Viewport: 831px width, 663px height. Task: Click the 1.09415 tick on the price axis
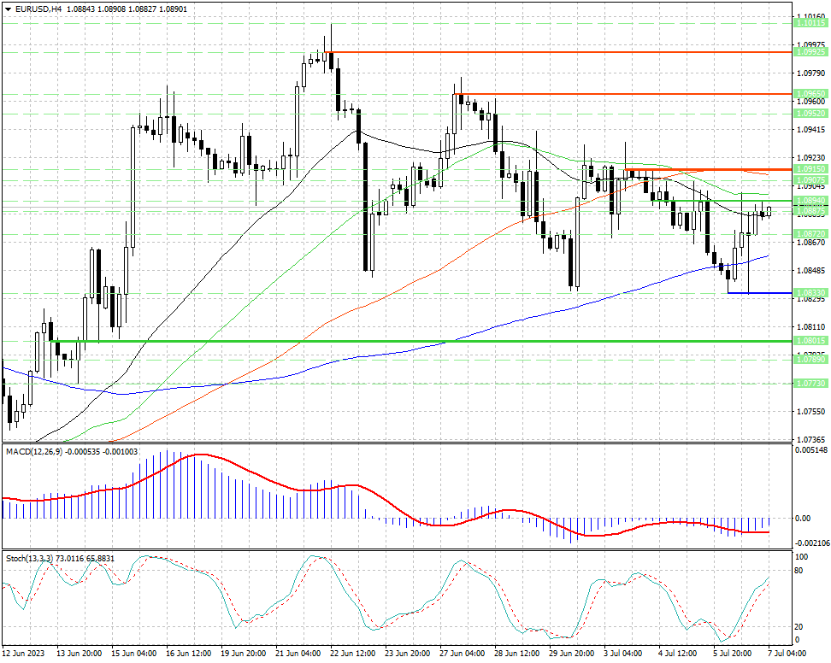[809, 130]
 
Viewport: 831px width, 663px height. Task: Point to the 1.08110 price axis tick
[809, 327]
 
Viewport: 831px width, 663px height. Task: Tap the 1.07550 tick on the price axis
[809, 412]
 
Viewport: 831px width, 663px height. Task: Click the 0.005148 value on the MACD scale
[811, 449]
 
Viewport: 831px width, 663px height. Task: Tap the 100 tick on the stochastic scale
[801, 556]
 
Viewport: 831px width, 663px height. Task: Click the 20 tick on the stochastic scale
[799, 625]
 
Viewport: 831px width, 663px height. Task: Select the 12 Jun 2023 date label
[23, 653]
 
